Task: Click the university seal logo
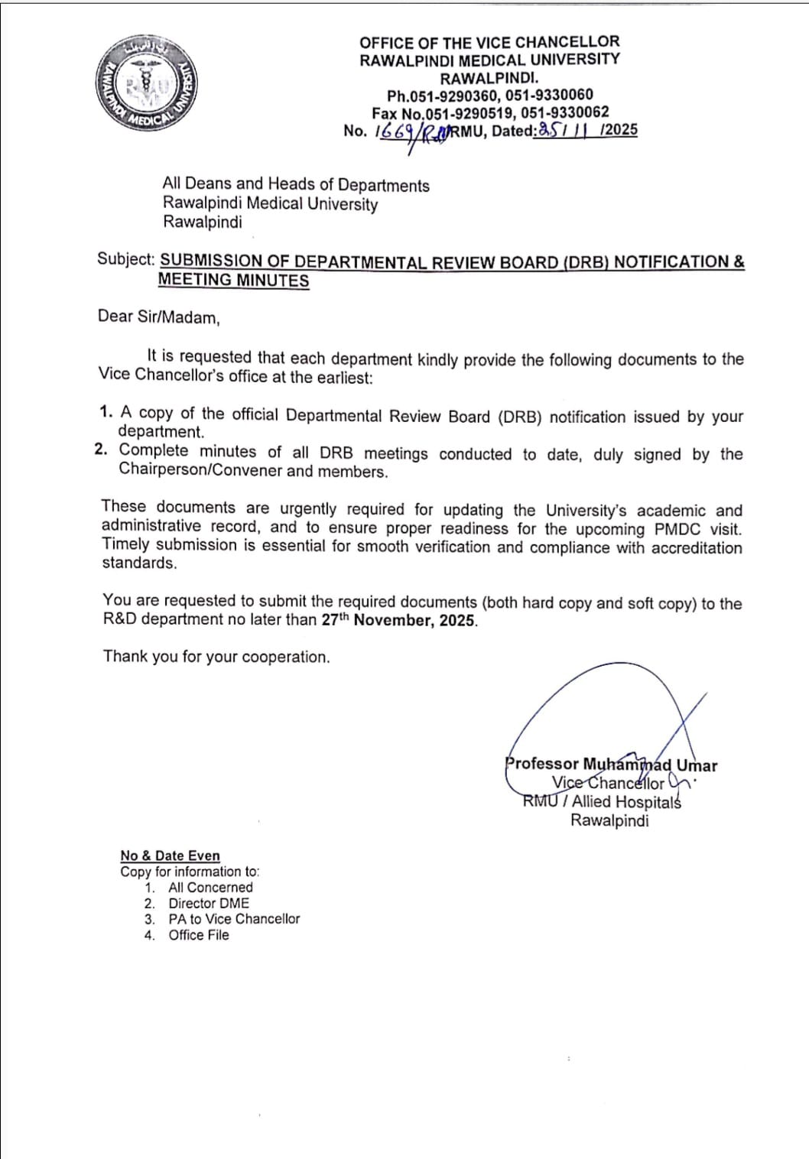point(147,83)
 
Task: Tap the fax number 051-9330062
point(565,112)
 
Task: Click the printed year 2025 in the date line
point(621,129)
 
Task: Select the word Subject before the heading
point(125,259)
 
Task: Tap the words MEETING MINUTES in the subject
point(233,280)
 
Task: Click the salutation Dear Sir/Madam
point(158,317)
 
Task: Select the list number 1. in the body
point(106,411)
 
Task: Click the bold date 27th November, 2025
point(398,620)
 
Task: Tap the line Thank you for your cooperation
point(216,657)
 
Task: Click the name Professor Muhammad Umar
point(611,765)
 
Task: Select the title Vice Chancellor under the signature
point(608,783)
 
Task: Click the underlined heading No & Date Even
point(170,855)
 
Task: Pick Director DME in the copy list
point(209,903)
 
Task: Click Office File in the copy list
point(199,935)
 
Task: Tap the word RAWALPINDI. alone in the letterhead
point(489,77)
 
